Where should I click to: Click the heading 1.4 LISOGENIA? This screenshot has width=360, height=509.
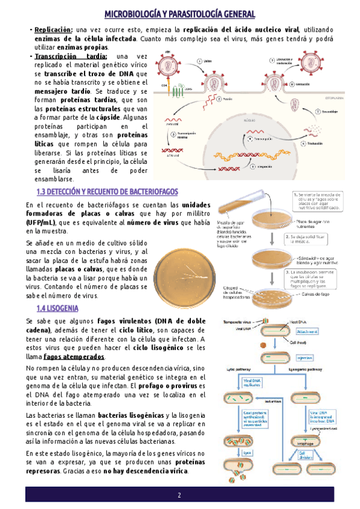(x=57, y=308)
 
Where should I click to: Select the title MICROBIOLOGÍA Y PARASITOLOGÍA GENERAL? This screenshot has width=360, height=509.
(x=180, y=14)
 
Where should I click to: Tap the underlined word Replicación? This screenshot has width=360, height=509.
(x=53, y=29)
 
